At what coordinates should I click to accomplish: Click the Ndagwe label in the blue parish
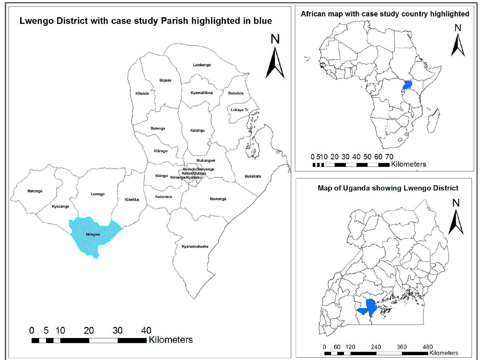93,234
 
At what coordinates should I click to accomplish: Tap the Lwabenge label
202,65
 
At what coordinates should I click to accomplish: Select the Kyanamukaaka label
195,247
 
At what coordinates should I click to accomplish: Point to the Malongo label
35,191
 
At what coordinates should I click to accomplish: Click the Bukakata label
253,176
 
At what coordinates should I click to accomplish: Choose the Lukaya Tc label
239,110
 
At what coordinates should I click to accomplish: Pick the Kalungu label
197,130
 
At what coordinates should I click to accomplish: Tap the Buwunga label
218,199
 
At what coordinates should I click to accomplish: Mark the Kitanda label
142,93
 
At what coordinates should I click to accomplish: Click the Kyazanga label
60,206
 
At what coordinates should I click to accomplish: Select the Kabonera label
163,197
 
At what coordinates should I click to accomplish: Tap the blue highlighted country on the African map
407,85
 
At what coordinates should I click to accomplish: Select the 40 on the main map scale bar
146,330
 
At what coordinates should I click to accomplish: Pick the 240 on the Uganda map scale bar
376,347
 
